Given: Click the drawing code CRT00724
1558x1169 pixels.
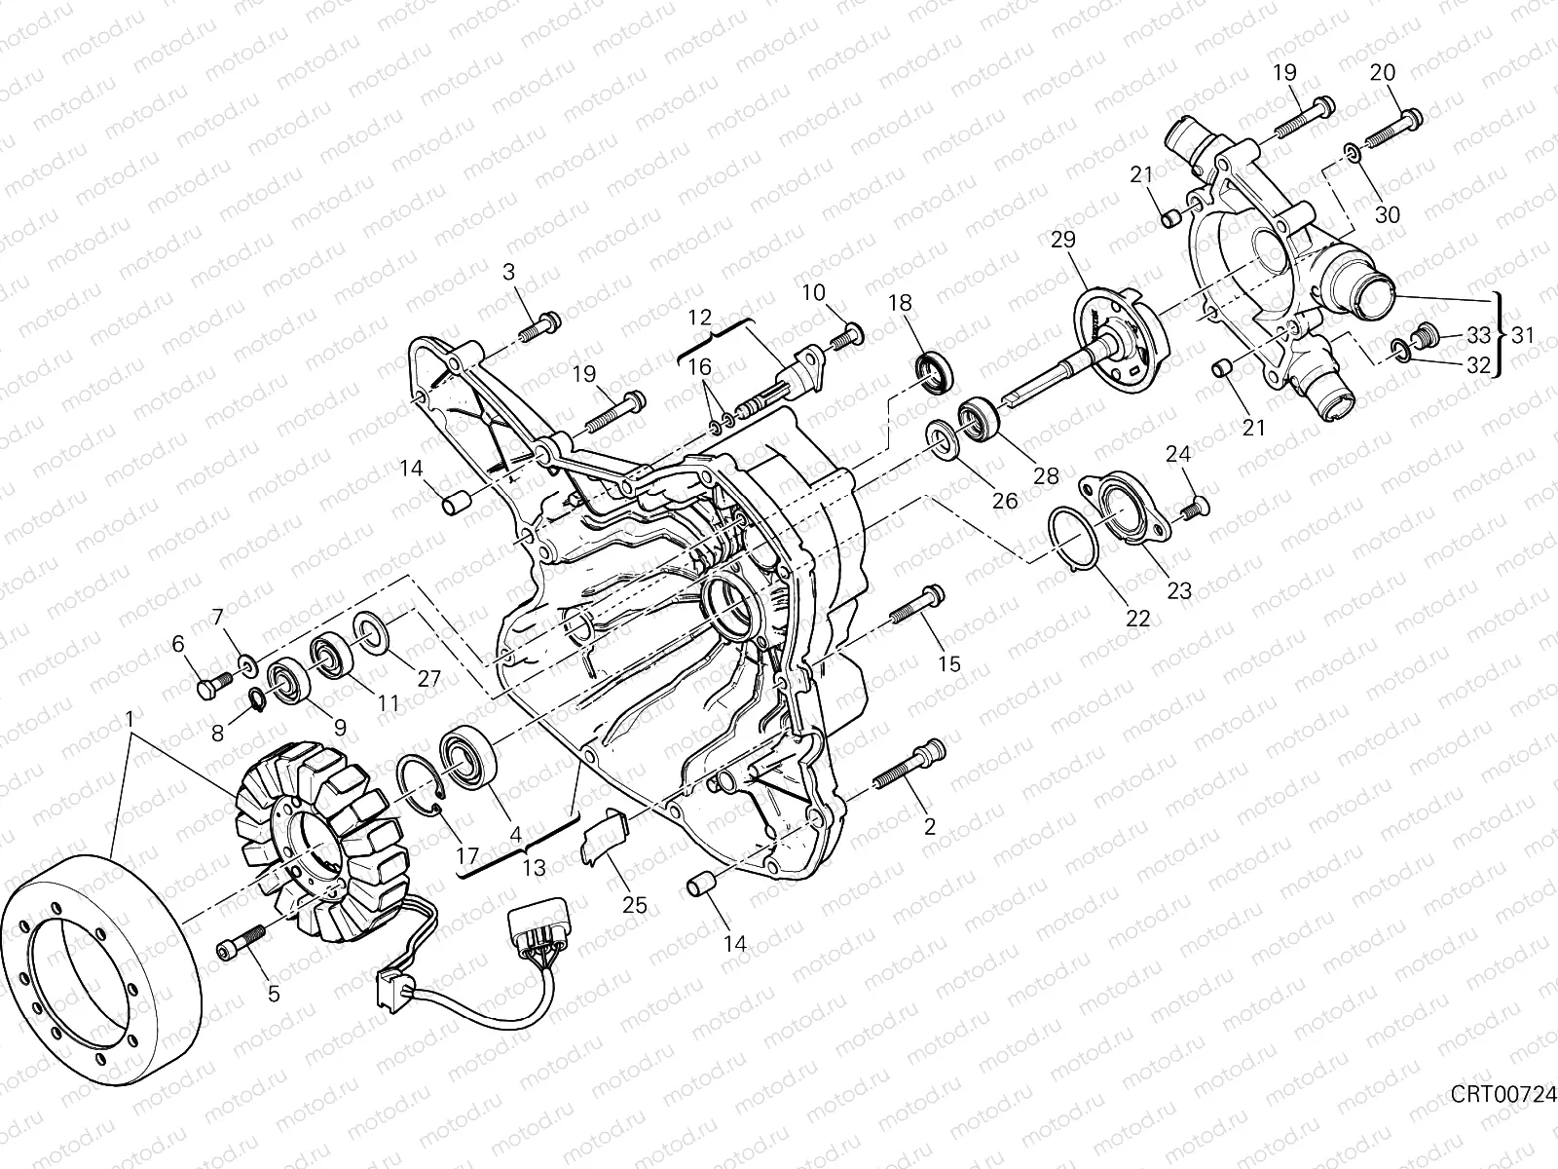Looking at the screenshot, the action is (x=1502, y=1113).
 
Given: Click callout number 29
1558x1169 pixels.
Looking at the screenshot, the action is (x=1063, y=240).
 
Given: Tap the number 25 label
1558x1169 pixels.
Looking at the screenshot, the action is (x=635, y=905).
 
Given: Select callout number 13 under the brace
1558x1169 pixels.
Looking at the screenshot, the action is (x=534, y=867).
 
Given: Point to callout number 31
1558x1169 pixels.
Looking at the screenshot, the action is (x=1523, y=335).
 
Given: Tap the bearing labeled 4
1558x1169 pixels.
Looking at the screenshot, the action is (x=467, y=757).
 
